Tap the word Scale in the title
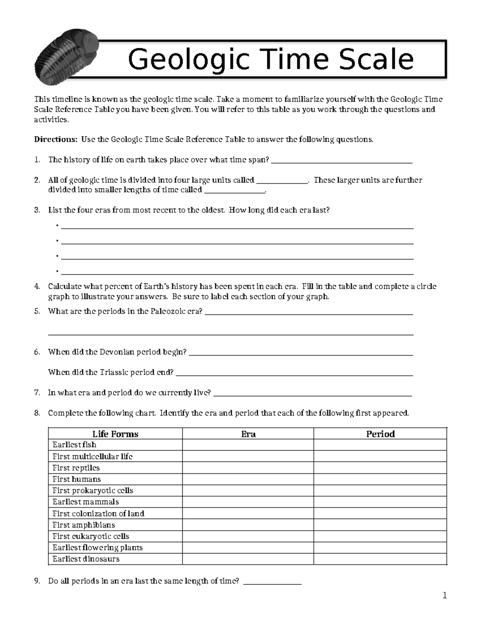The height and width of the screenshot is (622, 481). click(x=374, y=59)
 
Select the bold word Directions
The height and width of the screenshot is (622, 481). click(x=55, y=139)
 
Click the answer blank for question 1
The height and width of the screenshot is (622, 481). click(x=342, y=160)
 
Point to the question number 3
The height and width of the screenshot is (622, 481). click(x=37, y=210)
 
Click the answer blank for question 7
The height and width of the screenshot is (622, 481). click(x=313, y=393)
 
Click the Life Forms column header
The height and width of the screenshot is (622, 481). click(x=115, y=434)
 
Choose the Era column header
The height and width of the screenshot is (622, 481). click(x=248, y=434)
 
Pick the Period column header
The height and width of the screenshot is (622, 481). click(x=380, y=434)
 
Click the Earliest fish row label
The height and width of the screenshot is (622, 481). click(x=74, y=445)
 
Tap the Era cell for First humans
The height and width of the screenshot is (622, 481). click(x=248, y=479)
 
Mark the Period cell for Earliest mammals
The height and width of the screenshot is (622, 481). click(x=380, y=502)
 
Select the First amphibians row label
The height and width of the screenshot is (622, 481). click(x=83, y=525)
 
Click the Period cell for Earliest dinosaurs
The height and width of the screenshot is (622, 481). click(x=380, y=559)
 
